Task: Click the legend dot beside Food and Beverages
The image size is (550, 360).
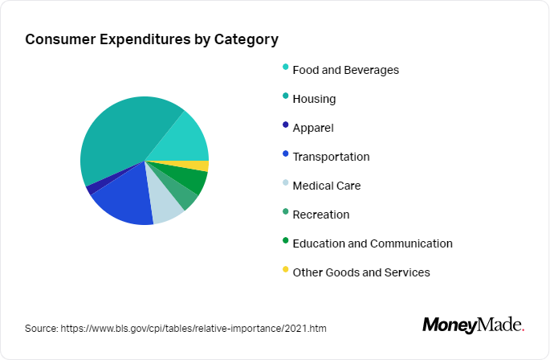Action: coord(285,67)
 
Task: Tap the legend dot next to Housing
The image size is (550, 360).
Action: coord(285,96)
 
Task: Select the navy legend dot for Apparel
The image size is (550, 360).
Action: coord(285,125)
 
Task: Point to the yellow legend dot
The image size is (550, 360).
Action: coord(285,270)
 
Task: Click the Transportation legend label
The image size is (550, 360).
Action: coord(331,157)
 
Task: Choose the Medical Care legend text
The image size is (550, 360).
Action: coord(326,186)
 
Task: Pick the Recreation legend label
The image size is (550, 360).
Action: coord(321,215)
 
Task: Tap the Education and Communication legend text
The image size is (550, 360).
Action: coord(373,243)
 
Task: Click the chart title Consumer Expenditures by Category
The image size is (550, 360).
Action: coord(152,39)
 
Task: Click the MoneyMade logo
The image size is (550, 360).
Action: coord(473,325)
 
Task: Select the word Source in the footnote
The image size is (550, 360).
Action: coord(39,329)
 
